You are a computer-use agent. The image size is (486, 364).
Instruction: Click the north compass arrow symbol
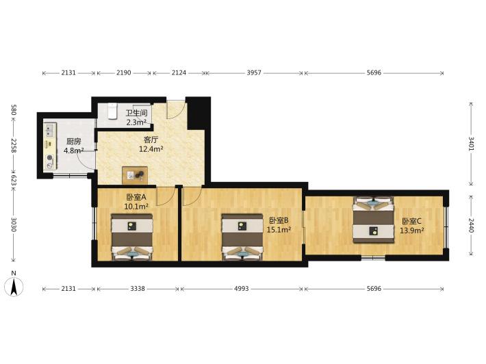pos(14,287)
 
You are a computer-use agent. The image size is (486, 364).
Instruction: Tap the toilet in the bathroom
pos(112,112)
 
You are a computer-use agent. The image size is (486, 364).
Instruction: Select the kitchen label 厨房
pos(74,142)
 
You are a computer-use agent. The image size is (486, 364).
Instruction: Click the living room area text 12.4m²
pos(151,149)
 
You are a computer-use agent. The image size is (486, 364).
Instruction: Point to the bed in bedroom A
pos(132,237)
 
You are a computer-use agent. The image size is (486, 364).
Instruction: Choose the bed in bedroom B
pos(242,237)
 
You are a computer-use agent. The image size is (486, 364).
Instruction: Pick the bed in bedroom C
pos(374,220)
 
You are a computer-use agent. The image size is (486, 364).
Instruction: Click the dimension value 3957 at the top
pos(254,73)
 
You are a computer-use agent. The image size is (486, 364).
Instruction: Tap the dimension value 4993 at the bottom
pos(242,289)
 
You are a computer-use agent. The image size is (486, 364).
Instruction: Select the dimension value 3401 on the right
pos(471,144)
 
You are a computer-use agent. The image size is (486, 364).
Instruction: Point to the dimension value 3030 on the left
pos(14,224)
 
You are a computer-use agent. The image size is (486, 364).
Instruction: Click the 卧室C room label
pos(411,221)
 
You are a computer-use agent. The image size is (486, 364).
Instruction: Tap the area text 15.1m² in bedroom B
pos(279,230)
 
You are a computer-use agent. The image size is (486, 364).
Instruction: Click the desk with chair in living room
pos(135,175)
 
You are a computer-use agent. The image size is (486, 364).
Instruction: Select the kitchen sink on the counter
pos(50,131)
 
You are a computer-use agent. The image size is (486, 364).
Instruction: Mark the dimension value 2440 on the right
pos(471,226)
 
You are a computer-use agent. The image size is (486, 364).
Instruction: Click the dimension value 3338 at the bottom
pos(138,289)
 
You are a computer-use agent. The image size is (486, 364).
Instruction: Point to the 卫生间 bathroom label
pos(136,113)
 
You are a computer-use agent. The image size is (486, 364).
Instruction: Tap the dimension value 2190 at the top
pos(124,73)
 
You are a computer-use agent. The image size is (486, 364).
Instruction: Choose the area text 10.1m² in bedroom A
pos(136,207)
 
